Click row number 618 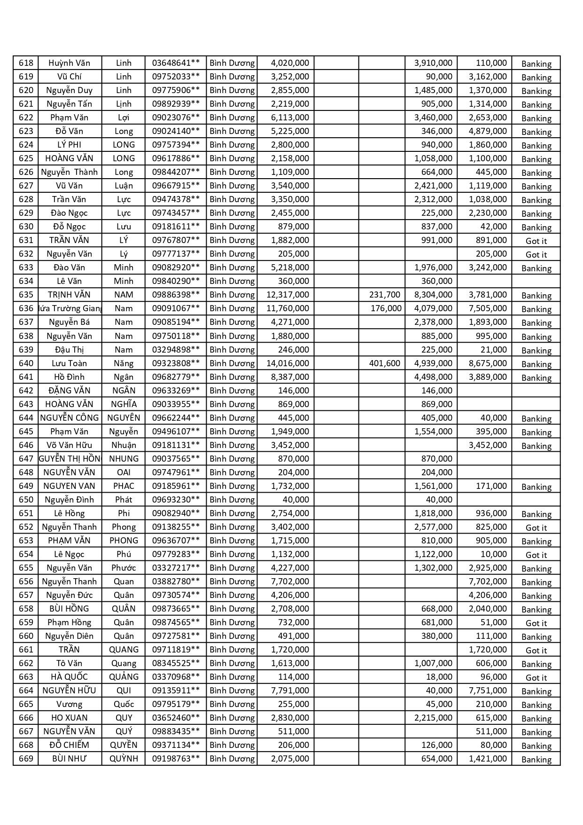(26, 63)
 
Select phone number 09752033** (176, 77)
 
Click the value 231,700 (384, 295)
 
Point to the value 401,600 (384, 363)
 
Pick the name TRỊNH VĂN (69, 295)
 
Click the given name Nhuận (124, 445)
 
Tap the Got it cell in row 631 (536, 241)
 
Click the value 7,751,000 (488, 690)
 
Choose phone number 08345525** (176, 663)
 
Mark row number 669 (26, 758)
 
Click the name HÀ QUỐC (69, 676)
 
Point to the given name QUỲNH (124, 758)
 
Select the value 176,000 (385, 308)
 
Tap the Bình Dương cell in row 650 (232, 499)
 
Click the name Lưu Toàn (69, 363)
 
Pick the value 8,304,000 (433, 295)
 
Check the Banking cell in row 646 (536, 446)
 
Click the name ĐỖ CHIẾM (69, 745)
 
